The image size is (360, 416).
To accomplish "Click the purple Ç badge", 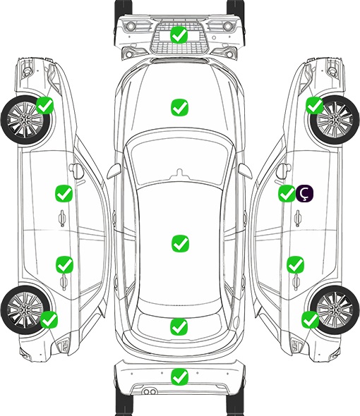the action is point(304,193).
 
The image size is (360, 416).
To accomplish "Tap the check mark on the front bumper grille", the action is point(179,35).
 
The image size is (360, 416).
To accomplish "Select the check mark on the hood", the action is point(179,107).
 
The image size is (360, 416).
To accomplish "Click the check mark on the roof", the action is point(180,243).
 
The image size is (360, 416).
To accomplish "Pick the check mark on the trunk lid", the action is point(179,326).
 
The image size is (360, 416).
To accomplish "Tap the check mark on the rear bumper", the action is point(179,377).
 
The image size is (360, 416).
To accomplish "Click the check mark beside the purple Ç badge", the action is point(287,193).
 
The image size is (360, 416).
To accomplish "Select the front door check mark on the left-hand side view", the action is point(64,193).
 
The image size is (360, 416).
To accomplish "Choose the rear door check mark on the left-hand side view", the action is point(64,264).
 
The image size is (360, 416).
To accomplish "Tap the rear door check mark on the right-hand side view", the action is point(296,264).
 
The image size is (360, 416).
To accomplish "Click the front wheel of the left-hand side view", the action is point(25,120).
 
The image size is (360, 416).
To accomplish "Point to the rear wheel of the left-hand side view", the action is point(25,310).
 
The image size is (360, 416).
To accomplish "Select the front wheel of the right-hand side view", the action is point(335,120).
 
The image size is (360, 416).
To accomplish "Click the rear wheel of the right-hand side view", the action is point(335,310).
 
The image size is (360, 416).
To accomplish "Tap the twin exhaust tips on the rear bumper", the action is point(150,391).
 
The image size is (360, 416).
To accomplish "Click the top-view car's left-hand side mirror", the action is point(114,171).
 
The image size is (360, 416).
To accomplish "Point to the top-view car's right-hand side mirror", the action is point(245,171).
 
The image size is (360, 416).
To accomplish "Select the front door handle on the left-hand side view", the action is point(62,218).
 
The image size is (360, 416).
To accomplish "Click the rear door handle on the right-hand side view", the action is point(296,283).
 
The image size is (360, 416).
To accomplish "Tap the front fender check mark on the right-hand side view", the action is point(315,105).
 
